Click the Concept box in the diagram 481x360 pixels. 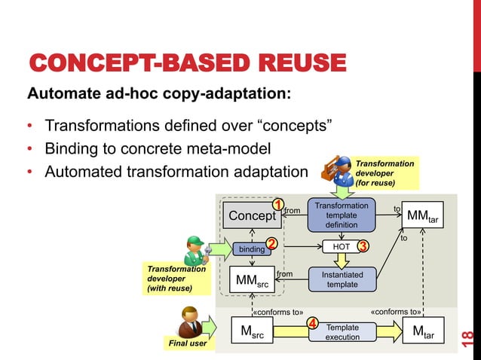253,216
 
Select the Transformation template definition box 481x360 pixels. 342,215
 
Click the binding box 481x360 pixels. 251,249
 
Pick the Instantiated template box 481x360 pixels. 342,279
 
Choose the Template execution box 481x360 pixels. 342,333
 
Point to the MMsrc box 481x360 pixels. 251,282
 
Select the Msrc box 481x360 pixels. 252,333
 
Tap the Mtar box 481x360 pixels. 423,332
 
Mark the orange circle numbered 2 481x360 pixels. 272,243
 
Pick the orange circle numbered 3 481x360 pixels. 363,246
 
